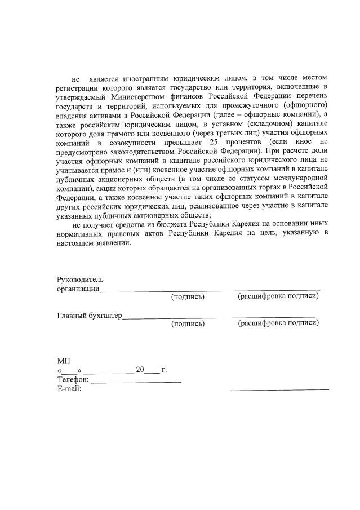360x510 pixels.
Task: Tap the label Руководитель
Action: [x=79, y=279]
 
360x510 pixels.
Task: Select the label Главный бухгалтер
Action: [x=89, y=315]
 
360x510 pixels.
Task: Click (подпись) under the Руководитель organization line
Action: [x=187, y=296]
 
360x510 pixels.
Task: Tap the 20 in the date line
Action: [x=140, y=370]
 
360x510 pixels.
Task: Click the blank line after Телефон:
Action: [x=136, y=381]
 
